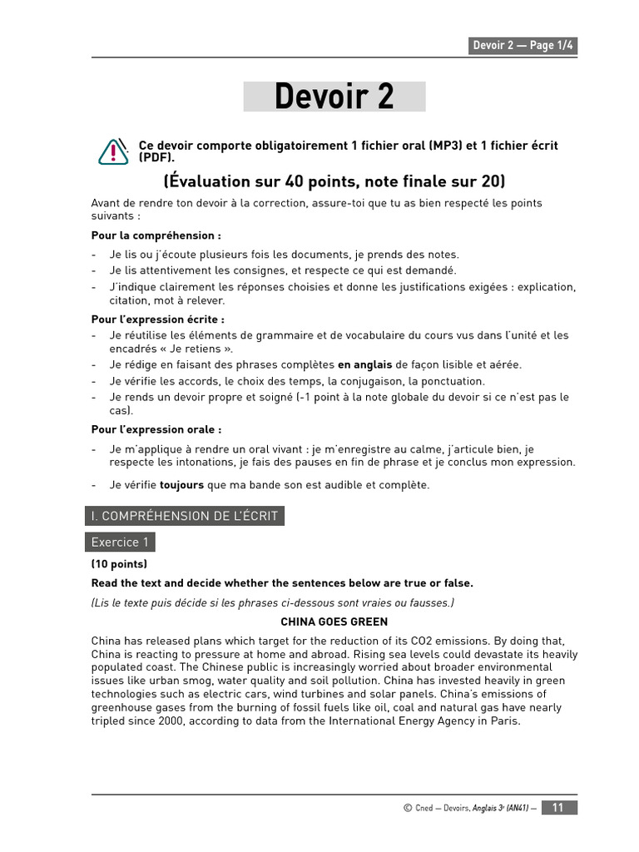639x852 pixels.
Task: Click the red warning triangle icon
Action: (113, 151)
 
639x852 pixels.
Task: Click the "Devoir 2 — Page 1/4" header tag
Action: (523, 46)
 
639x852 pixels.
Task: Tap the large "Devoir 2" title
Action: (334, 97)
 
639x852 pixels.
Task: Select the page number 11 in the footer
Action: (558, 807)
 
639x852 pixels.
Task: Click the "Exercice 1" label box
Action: (120, 542)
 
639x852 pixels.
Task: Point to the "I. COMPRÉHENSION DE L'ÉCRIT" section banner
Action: (185, 516)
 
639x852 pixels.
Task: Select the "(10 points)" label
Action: (120, 564)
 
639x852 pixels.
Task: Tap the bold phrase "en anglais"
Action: (364, 364)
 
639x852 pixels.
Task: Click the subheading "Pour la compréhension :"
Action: (156, 235)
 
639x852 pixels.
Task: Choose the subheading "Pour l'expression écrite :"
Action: (158, 319)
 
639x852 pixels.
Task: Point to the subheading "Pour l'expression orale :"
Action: (156, 429)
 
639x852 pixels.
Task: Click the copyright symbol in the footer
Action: (407, 808)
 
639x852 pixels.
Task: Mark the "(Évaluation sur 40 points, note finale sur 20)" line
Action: (334, 181)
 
